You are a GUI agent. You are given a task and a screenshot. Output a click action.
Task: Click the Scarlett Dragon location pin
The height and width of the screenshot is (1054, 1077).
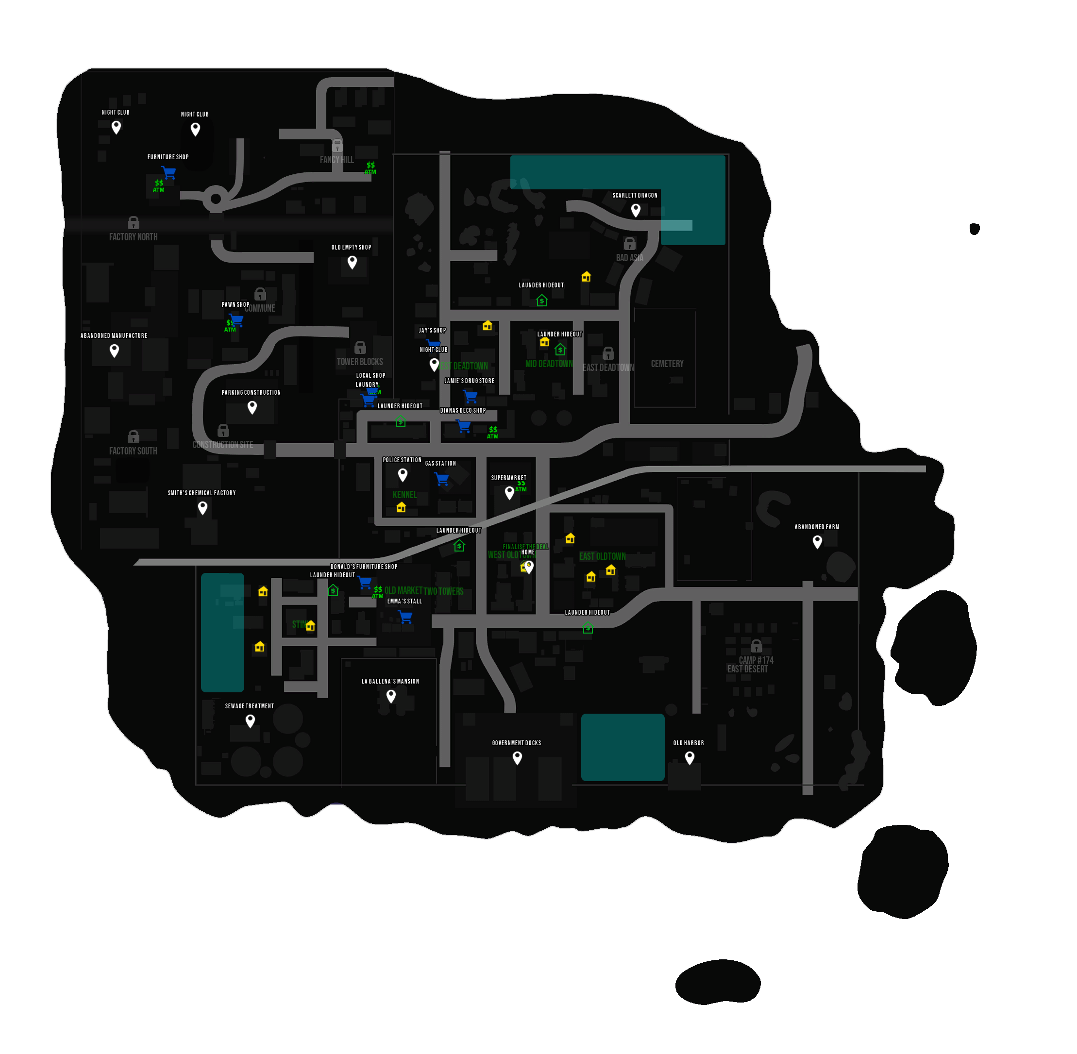(636, 210)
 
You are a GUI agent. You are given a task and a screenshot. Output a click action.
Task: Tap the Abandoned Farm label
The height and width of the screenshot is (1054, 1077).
(817, 527)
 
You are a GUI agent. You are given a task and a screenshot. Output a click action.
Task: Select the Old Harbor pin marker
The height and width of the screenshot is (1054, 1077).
(690, 757)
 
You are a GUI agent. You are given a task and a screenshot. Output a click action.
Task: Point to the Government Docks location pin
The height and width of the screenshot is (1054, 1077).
(517, 757)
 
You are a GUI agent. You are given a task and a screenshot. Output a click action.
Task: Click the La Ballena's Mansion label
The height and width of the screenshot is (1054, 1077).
(390, 682)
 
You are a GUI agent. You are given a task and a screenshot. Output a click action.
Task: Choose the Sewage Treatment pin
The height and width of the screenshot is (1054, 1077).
(250, 720)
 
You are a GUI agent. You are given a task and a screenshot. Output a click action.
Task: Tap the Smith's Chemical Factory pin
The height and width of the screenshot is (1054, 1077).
(202, 507)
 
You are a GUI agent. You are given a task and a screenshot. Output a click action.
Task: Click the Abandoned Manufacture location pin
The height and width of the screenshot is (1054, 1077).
(114, 350)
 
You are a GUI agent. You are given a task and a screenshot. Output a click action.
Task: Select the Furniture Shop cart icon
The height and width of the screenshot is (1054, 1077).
(169, 172)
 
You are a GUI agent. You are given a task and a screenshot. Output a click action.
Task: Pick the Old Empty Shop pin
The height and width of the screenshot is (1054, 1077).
(352, 262)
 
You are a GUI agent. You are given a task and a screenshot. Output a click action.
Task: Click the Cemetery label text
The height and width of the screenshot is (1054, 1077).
(667, 364)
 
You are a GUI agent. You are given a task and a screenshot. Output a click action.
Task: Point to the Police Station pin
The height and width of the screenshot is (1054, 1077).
(403, 474)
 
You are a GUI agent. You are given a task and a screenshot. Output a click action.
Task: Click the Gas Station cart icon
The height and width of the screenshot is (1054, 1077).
(441, 479)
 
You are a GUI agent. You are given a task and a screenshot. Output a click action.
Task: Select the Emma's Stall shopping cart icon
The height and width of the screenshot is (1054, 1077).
(405, 617)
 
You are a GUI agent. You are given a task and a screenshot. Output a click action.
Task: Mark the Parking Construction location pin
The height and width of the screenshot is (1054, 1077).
(252, 407)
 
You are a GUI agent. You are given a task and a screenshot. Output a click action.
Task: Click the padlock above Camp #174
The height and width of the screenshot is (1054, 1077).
(756, 646)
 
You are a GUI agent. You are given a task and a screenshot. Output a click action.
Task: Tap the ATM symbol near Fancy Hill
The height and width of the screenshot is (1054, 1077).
(370, 167)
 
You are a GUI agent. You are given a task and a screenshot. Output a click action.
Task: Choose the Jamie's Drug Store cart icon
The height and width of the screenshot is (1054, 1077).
(470, 396)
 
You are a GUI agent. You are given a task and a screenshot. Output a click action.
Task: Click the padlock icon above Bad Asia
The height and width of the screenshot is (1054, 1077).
(630, 244)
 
